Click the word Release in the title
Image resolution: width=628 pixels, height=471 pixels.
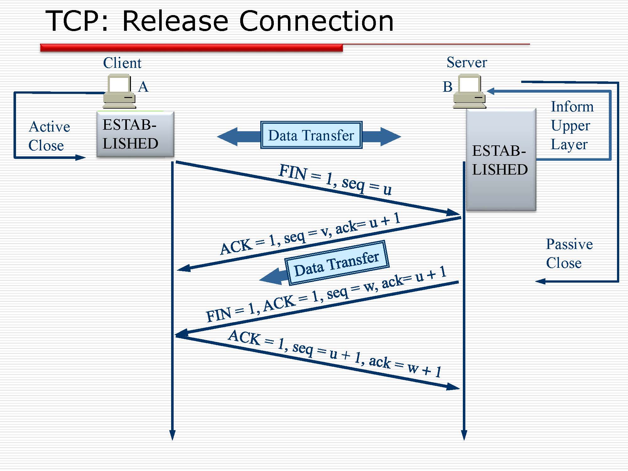175,21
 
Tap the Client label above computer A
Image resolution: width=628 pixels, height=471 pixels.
122,63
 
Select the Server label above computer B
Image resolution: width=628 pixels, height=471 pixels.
467,62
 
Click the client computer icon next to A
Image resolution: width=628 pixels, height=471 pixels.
119,91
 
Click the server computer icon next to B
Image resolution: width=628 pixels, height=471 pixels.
469,91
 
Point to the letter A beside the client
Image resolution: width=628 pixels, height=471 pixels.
143,87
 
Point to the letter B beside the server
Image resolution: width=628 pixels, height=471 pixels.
447,87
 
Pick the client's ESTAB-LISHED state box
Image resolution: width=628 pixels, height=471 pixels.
135,134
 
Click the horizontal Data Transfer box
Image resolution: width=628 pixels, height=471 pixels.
311,135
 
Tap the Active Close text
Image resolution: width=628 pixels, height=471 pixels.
49,136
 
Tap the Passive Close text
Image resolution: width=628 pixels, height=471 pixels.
569,253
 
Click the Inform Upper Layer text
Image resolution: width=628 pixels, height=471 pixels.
572,126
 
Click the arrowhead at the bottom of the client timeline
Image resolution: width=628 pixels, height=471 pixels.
172,435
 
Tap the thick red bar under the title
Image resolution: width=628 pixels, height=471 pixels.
192,48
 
